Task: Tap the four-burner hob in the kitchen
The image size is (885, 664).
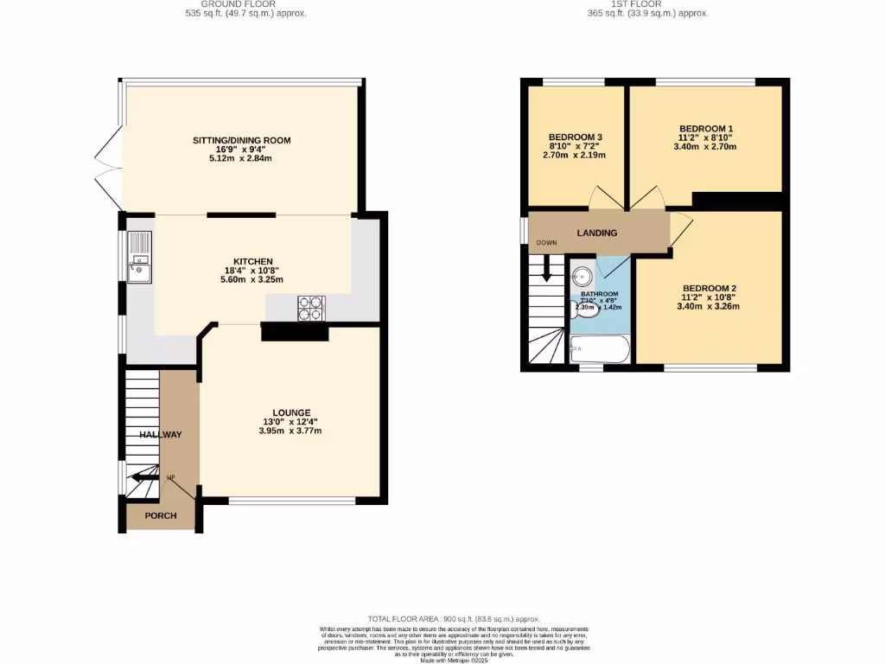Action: coord(311,309)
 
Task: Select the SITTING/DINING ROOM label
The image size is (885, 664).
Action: coord(241,140)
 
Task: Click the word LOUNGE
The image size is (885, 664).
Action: coord(290,412)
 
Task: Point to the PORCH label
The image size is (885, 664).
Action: coord(160,516)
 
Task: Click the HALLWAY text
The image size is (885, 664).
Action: coord(160,435)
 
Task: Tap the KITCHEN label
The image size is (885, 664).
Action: coord(253,261)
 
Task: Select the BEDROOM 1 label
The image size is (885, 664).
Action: coord(706,128)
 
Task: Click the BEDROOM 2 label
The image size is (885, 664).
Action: coord(710,288)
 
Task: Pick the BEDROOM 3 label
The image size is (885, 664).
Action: coord(575,137)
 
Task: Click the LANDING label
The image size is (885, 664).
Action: coord(597,233)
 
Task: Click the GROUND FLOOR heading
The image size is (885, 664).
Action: coord(245,4)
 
